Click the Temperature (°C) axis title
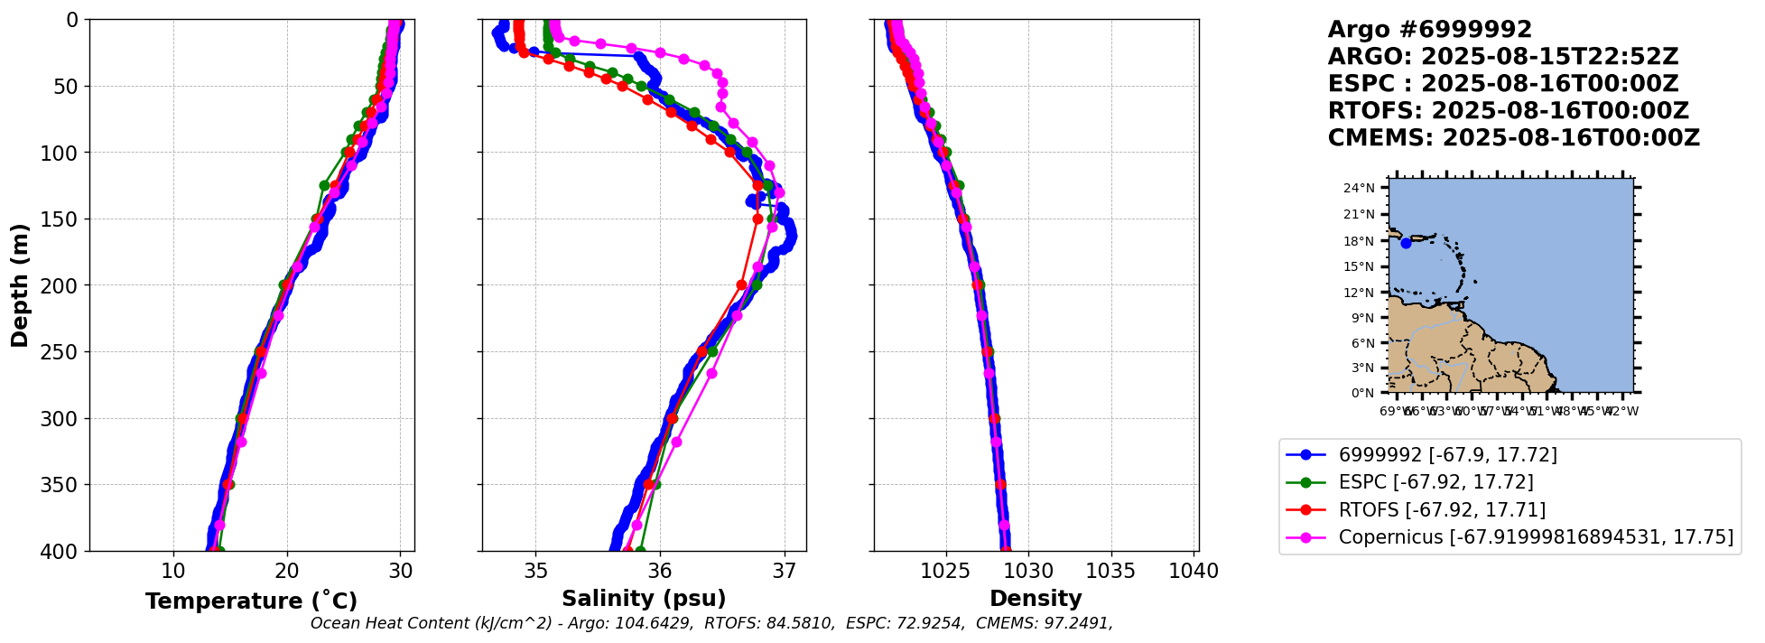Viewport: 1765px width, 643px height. [251, 601]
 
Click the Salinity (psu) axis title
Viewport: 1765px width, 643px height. [644, 599]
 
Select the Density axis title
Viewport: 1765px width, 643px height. [1036, 599]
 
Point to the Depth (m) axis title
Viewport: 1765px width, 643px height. [19, 285]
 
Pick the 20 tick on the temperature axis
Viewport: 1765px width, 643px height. [287, 571]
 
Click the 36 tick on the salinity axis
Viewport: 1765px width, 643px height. [660, 571]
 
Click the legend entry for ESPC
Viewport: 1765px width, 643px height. [1435, 482]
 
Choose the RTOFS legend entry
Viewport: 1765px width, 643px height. [1442, 510]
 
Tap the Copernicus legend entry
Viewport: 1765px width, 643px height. [1535, 537]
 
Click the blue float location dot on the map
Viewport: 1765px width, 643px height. [1406, 243]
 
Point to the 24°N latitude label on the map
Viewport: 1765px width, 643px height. [1359, 189]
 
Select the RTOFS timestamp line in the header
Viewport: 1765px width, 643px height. [1508, 111]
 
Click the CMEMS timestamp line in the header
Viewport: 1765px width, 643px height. [1513, 138]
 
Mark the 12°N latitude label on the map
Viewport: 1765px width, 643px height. [1359, 293]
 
